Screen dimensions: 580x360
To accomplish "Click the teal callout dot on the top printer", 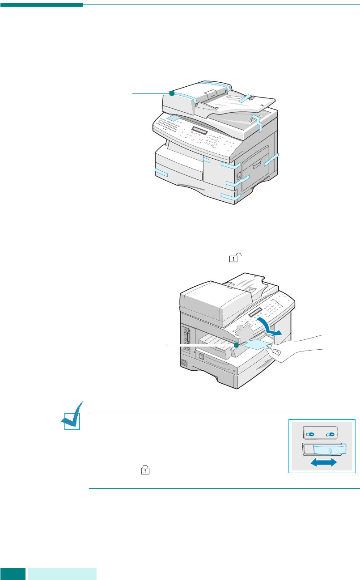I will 171,93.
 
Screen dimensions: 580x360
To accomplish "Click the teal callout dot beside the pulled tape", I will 236,345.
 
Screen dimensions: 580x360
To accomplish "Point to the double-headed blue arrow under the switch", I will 324,464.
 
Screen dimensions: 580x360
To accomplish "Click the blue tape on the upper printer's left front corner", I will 161,173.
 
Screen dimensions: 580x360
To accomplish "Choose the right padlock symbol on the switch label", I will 331,433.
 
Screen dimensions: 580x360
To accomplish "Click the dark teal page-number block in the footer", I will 13,574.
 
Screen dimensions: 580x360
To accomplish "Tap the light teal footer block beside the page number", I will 62,574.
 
